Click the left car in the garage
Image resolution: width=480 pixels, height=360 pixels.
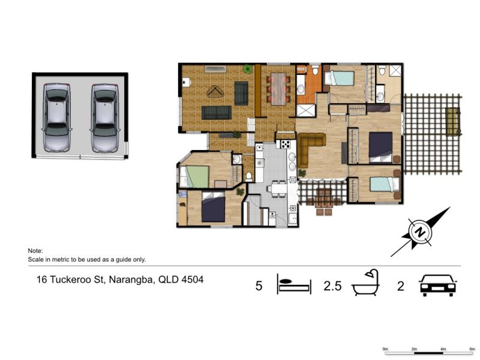click(56, 118)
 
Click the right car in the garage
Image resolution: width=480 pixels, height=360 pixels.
click(104, 118)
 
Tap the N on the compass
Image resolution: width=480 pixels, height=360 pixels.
click(421, 232)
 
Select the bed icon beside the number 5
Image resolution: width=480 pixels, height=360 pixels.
click(294, 284)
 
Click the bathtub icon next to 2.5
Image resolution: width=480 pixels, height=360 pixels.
click(366, 283)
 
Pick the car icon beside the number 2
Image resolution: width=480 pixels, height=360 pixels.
click(438, 285)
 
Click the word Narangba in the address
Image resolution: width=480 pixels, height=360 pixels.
click(131, 280)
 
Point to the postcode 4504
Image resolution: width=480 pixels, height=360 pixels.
click(193, 280)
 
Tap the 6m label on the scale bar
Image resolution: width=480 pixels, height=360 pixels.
click(472, 349)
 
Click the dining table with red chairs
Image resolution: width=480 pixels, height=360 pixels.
click(278, 89)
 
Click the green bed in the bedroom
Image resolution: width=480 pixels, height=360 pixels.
click(194, 176)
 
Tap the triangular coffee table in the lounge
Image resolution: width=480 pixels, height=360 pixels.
click(216, 92)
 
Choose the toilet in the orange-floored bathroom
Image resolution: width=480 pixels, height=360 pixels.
click(316, 70)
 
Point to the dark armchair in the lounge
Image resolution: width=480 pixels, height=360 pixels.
click(241, 94)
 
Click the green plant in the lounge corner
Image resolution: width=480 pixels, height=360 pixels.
click(247, 69)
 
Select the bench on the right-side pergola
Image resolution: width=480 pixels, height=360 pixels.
click(453, 122)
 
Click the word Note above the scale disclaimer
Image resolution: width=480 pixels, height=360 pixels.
click(35, 251)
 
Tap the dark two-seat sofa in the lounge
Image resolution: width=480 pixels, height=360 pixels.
click(217, 113)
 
